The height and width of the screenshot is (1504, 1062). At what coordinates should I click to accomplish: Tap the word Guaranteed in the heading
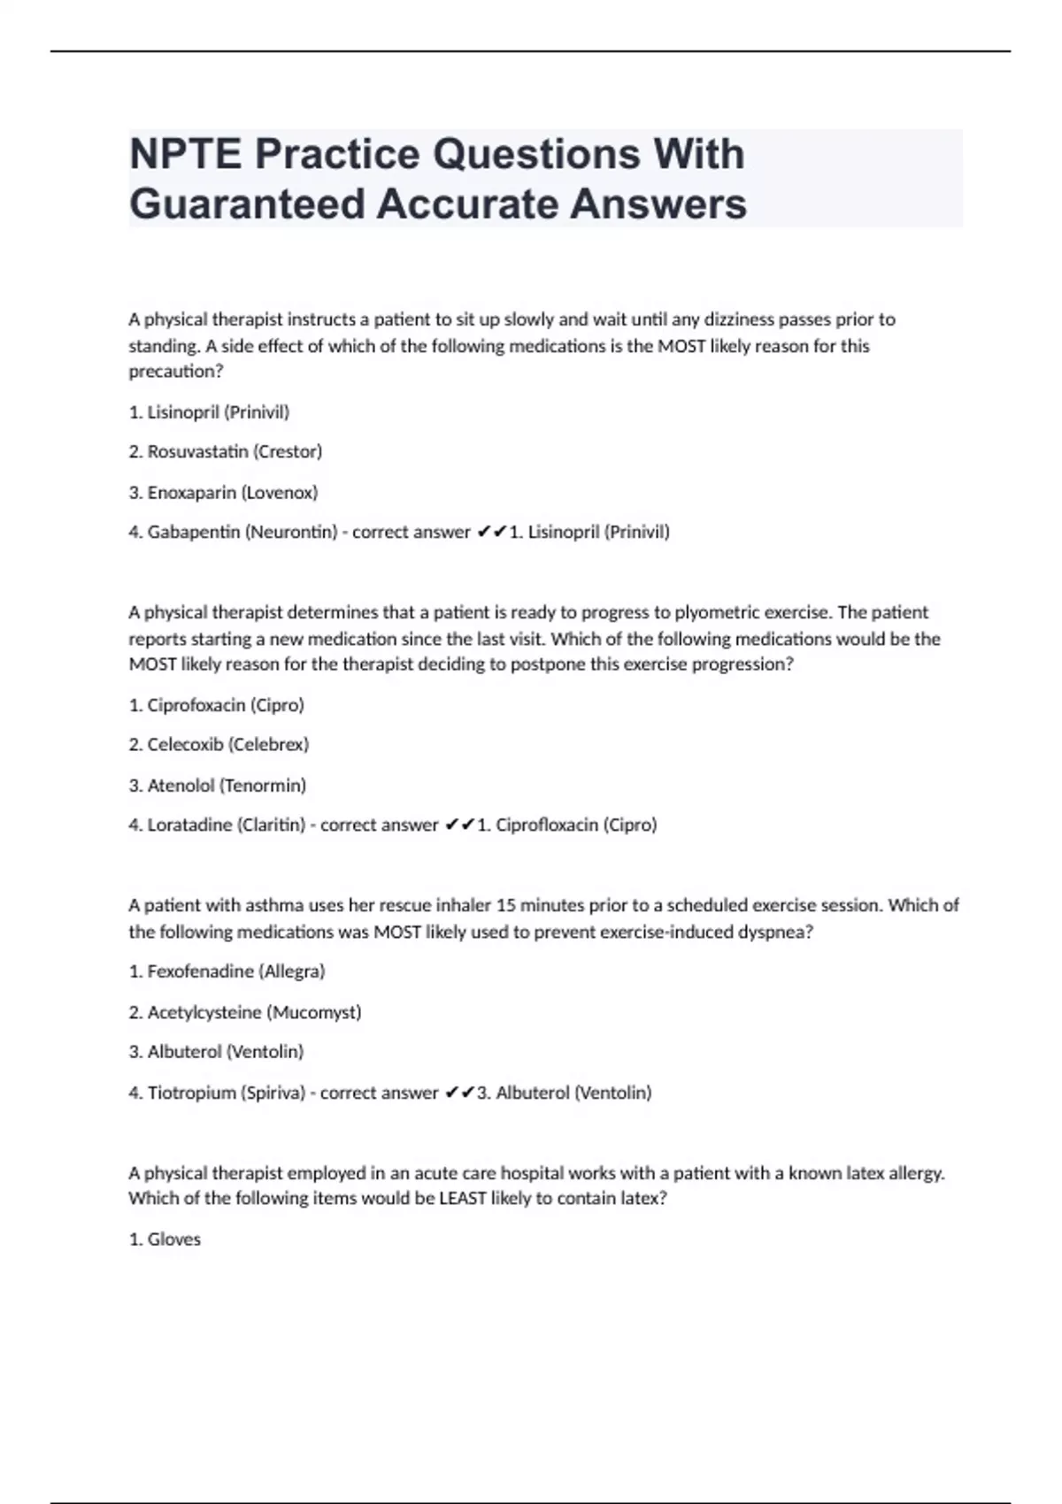pos(247,204)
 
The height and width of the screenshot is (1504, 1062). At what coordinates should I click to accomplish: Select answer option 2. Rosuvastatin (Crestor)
pos(226,452)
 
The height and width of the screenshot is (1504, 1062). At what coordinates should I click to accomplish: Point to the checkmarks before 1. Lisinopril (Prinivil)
pos(491,532)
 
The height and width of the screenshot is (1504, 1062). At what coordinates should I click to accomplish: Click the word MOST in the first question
pos(681,346)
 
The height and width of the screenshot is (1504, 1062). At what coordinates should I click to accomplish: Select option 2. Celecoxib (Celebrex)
pos(219,745)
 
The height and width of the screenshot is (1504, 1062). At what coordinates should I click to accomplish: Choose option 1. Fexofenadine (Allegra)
pos(227,971)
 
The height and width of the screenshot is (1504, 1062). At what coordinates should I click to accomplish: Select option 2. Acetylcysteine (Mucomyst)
pos(245,1012)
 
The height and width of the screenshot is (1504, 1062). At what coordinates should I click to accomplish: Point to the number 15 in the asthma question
pos(505,905)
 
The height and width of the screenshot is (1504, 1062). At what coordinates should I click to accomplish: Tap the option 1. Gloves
pos(165,1239)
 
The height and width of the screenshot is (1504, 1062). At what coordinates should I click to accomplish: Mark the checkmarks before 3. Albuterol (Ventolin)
pos(459,1093)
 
